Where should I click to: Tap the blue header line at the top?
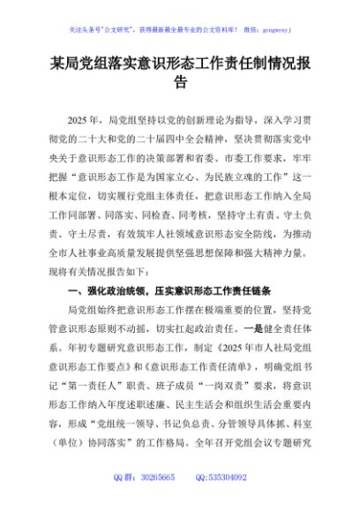(179, 15)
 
